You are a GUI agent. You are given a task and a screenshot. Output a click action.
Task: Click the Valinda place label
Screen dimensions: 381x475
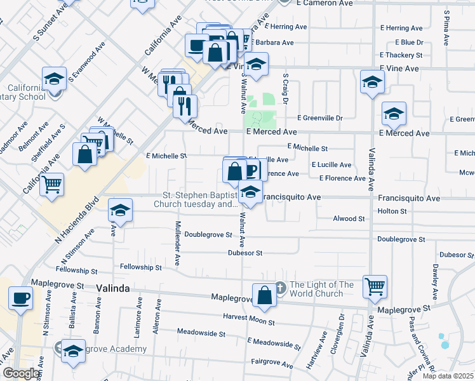[113, 288]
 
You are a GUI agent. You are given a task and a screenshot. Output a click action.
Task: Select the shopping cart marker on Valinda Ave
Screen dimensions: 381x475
[375, 286]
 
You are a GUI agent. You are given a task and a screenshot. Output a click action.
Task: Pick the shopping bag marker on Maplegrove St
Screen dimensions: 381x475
[264, 295]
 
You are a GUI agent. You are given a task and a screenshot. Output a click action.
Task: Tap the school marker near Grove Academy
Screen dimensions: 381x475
[73, 351]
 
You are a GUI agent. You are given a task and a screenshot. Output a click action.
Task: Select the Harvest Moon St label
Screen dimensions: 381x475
[248, 319]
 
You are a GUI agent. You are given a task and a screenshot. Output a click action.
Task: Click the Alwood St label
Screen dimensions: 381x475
[349, 218]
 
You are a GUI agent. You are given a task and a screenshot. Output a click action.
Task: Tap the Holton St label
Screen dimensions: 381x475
[391, 211]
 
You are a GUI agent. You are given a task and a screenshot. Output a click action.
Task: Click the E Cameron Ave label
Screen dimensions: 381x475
[324, 3]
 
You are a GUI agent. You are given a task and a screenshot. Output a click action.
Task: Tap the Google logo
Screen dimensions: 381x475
[21, 374]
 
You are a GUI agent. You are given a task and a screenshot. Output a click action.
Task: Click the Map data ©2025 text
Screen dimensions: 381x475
[448, 376]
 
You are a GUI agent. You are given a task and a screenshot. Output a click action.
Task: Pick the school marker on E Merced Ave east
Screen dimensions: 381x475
[394, 114]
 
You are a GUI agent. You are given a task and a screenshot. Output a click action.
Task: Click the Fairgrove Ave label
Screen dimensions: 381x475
[271, 365]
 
